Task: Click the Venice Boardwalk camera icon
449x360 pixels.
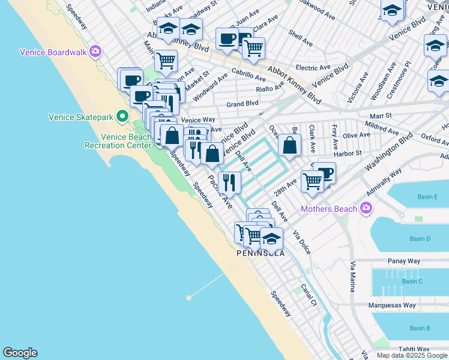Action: click(x=95, y=52)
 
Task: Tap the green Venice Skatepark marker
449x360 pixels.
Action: click(x=123, y=115)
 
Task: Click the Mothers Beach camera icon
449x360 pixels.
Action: click(x=366, y=209)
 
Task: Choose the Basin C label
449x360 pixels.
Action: click(x=412, y=281)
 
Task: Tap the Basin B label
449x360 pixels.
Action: click(x=420, y=328)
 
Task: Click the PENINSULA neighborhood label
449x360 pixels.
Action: click(x=261, y=253)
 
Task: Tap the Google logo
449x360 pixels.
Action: click(x=20, y=353)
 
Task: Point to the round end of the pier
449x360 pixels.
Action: click(x=189, y=298)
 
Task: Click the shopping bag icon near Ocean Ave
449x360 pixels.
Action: click(x=289, y=145)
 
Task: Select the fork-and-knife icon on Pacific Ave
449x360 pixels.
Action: click(x=229, y=182)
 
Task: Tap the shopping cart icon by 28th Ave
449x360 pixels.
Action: click(x=312, y=180)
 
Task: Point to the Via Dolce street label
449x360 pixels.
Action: click(x=302, y=242)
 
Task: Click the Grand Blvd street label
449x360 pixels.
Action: click(x=243, y=104)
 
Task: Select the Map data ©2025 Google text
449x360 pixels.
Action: click(x=411, y=355)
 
